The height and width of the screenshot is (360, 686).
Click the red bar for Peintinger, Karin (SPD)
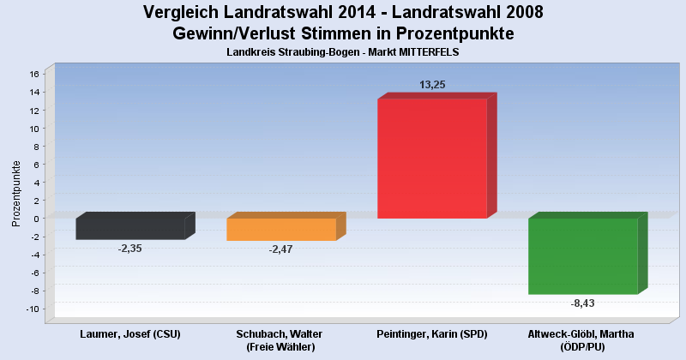pyautogui.click(x=432, y=158)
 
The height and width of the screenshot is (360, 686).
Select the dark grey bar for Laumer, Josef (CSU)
pyautogui.click(x=130, y=228)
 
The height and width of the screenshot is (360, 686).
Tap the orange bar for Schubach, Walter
pyautogui.click(x=281, y=229)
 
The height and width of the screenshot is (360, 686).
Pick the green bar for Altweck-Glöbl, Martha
pyautogui.click(x=583, y=255)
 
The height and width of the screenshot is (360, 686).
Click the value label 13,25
pyautogui.click(x=432, y=85)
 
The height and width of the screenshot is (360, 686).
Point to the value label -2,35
pyautogui.click(x=130, y=248)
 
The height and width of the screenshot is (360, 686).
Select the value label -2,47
pyautogui.click(x=281, y=249)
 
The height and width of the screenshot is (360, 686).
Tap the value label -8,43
pyautogui.click(x=583, y=303)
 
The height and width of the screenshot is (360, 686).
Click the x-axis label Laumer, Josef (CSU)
pyautogui.click(x=130, y=333)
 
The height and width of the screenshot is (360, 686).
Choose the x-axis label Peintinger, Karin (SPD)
pyautogui.click(x=432, y=333)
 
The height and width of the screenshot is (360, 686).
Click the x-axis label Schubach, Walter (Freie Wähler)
pyautogui.click(x=281, y=340)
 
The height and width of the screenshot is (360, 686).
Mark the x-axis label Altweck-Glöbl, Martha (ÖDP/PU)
pyautogui.click(x=583, y=340)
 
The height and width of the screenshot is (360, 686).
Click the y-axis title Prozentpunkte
pyautogui.click(x=16, y=193)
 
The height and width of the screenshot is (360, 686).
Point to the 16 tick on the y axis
pyautogui.click(x=34, y=74)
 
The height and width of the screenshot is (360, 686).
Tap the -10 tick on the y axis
pyautogui.click(x=33, y=309)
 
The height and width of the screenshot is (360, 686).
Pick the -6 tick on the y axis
pyautogui.click(x=34, y=273)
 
